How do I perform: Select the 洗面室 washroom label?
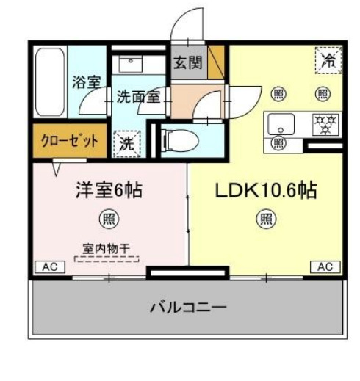[x=138, y=96]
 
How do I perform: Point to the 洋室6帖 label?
[x=109, y=191]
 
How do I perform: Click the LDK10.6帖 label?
[x=265, y=191]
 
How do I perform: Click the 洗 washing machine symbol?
[x=126, y=142]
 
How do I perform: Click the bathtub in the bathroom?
[x=50, y=81]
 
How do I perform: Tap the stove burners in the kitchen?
[x=324, y=123]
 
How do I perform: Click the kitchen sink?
[x=280, y=123]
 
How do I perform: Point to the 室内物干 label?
[x=106, y=249]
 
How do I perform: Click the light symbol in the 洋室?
[x=108, y=217]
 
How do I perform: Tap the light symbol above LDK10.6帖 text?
[x=265, y=217]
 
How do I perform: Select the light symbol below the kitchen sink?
[x=278, y=142]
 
